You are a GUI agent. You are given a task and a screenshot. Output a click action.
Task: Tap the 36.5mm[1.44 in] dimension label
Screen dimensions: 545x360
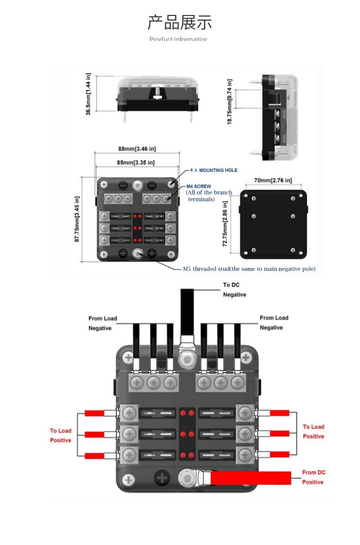click(x=88, y=94)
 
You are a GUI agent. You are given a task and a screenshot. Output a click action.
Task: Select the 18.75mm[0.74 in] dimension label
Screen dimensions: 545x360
click(x=230, y=101)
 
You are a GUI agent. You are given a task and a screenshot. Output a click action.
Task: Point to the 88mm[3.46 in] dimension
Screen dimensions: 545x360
click(x=137, y=149)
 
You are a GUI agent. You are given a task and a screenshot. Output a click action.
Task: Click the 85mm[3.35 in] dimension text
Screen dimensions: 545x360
click(x=136, y=163)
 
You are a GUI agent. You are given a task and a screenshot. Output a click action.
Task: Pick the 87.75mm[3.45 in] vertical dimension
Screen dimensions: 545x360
click(x=77, y=219)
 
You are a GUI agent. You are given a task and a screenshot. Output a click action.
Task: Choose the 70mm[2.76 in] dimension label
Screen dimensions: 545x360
click(x=273, y=180)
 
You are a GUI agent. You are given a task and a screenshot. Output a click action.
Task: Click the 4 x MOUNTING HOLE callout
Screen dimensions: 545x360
click(x=214, y=170)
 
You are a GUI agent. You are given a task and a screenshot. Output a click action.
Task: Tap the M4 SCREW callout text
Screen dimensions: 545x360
click(x=199, y=186)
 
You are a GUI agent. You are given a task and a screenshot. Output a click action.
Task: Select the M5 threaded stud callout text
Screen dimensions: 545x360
click(x=249, y=269)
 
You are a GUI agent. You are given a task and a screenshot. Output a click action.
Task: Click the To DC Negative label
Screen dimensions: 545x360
click(x=234, y=290)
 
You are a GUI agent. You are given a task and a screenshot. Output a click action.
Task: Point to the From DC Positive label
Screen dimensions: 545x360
click(x=314, y=477)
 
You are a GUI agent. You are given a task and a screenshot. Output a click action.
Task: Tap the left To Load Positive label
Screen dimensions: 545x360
click(x=61, y=435)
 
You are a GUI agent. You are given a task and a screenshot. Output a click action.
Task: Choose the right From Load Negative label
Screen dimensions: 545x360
click(x=274, y=323)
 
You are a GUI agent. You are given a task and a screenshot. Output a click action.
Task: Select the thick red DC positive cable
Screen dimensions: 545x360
click(x=251, y=478)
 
